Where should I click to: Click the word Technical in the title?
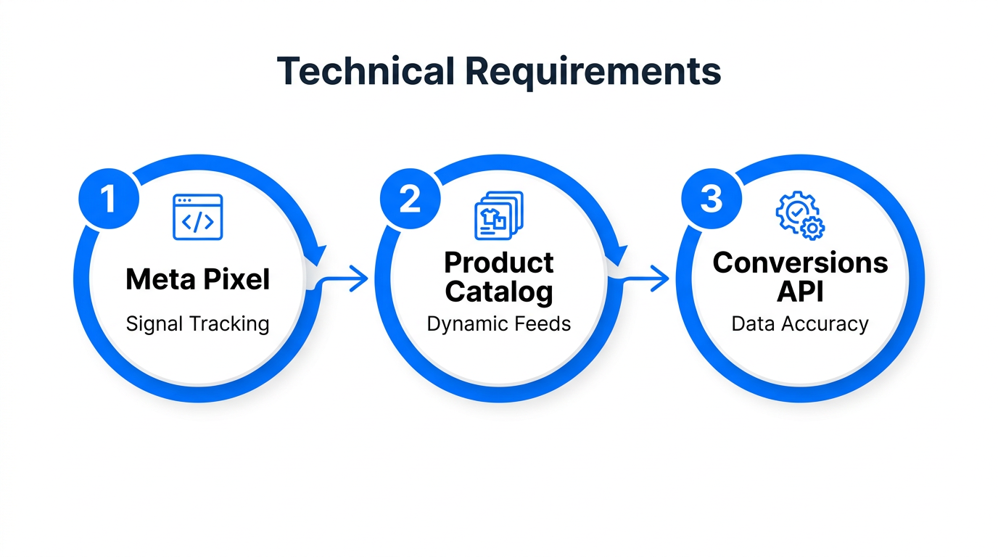[x=365, y=71]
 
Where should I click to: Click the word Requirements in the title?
[x=593, y=71]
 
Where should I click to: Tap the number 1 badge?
[x=108, y=198]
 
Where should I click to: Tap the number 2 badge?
[x=411, y=198]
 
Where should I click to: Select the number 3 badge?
[x=712, y=198]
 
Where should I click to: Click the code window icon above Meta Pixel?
[x=197, y=217]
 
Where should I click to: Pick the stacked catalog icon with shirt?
[x=498, y=215]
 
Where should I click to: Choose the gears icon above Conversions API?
[x=800, y=215]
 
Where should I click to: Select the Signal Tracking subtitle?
[x=197, y=323]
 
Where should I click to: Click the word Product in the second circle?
[x=498, y=262]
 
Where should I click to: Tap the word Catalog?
[x=498, y=292]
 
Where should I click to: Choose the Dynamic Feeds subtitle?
[x=498, y=323]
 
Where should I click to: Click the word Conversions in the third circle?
[x=800, y=262]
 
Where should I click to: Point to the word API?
[x=800, y=292]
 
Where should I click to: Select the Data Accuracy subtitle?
[x=800, y=323]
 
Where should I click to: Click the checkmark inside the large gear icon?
[x=796, y=209]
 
